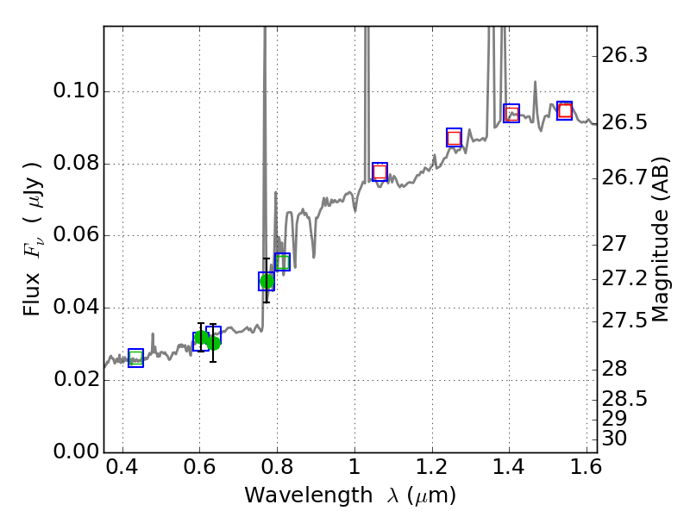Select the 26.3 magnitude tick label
tap(625, 56)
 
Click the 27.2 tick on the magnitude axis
tap(625, 279)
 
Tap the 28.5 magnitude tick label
tap(625, 400)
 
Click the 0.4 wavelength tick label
tap(122, 471)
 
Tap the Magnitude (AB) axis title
tap(662, 240)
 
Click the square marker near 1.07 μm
tap(379, 171)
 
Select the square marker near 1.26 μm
tap(454, 138)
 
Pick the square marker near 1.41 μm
tap(511, 113)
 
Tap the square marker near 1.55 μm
tap(565, 110)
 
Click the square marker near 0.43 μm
tap(135, 358)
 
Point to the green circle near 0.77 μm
tap(267, 282)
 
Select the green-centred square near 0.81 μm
tap(282, 262)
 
